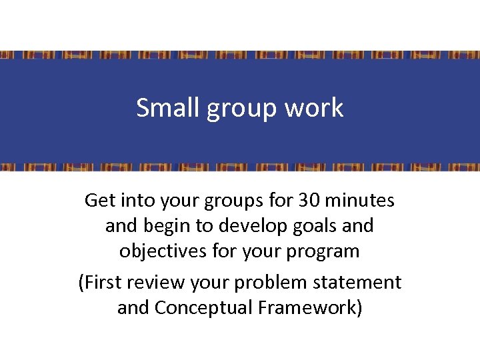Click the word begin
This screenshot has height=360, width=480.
tap(166, 227)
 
